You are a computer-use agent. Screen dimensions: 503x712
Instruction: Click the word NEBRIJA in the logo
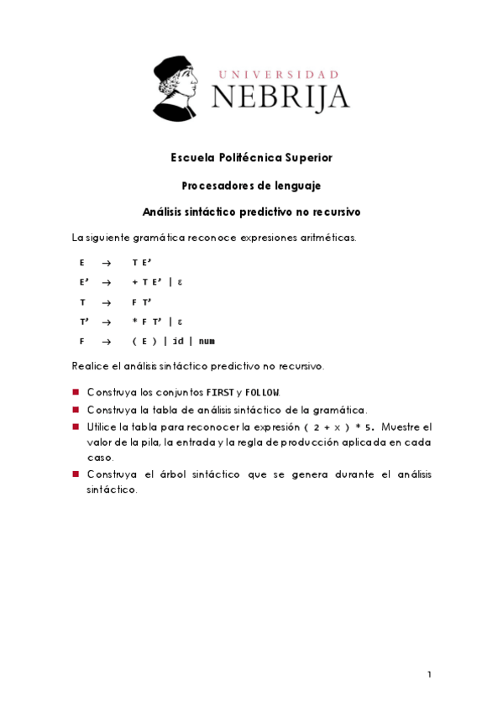280,97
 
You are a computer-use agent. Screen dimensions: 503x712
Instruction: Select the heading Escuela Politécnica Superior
251,158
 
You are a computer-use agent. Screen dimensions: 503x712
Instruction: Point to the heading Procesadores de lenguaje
251,185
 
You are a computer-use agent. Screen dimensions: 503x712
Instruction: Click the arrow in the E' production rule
106,282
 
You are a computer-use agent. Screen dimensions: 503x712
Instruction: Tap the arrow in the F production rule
106,342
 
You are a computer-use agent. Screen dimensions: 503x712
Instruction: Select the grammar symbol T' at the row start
84,322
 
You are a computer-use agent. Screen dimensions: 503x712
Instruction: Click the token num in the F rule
207,342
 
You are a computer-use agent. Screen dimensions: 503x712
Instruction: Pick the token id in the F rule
178,342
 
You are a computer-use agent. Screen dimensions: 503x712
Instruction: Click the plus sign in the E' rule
134,282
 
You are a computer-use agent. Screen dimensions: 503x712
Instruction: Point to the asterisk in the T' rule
134,322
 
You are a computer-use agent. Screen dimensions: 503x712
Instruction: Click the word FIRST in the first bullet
220,393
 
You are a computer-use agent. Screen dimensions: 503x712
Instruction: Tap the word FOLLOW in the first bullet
263,393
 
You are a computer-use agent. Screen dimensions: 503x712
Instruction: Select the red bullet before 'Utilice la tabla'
76,427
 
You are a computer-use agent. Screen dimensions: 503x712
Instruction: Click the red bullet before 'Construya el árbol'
76,474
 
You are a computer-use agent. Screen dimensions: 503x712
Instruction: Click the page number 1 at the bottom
429,674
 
